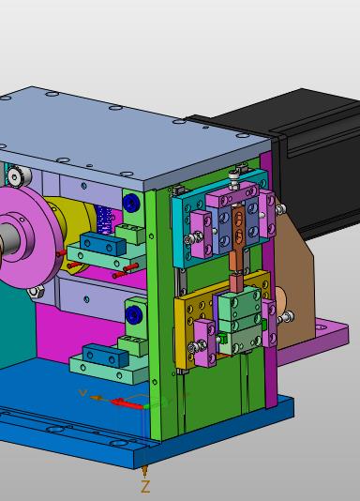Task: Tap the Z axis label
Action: tap(145, 487)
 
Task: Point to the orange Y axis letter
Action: tap(83, 393)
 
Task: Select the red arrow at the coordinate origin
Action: tap(127, 403)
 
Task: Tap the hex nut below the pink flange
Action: tap(36, 292)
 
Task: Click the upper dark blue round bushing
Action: tap(131, 203)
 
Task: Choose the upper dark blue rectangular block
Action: tap(103, 245)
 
